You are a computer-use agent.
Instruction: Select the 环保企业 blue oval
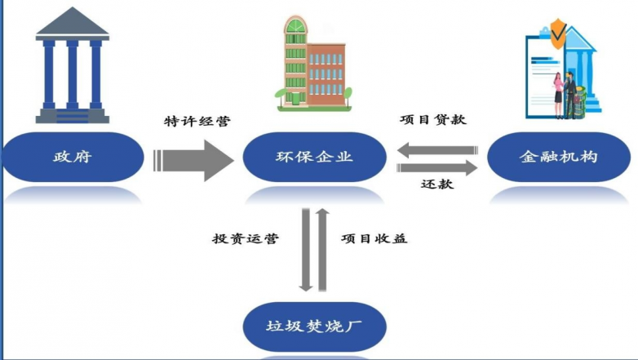(314, 157)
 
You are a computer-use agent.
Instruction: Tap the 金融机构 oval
(559, 157)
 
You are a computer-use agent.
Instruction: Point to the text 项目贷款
(433, 120)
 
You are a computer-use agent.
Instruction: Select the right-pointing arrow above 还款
(437, 167)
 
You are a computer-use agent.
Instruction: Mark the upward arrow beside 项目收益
(322, 249)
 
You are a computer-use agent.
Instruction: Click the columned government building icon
(73, 69)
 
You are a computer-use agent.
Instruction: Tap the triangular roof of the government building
(73, 24)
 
